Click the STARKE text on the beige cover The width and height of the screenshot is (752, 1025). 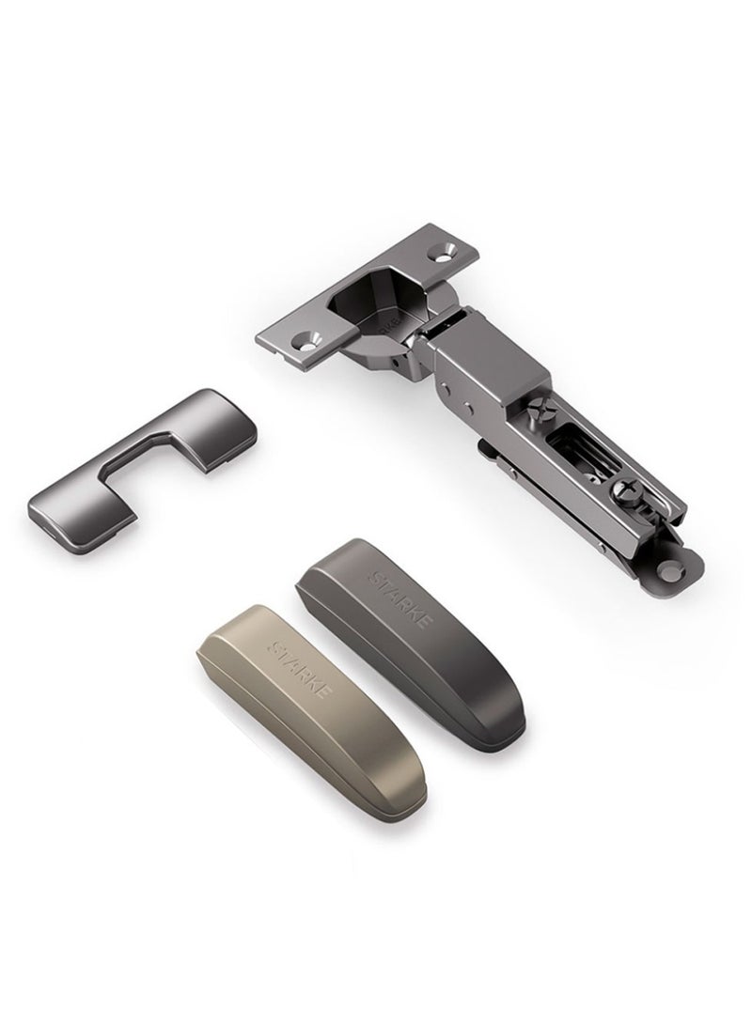[300, 669]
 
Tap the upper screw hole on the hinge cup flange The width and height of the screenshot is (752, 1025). [449, 251]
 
